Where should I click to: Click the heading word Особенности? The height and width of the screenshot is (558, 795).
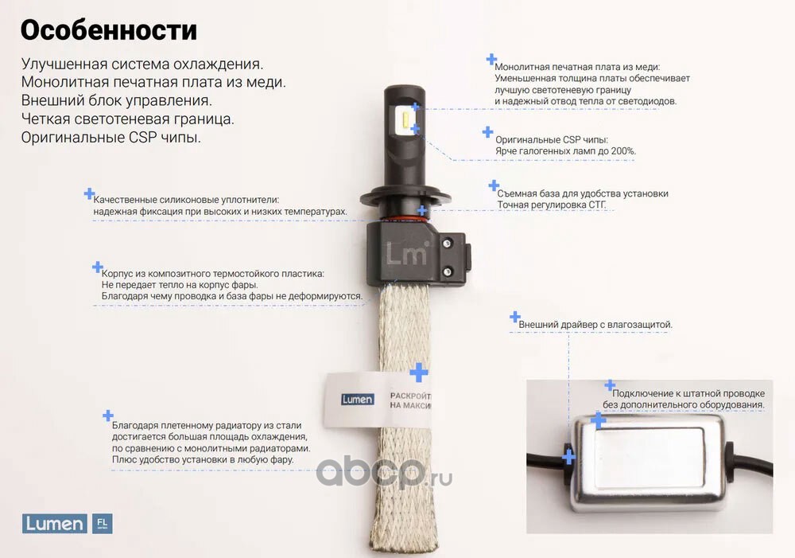point(108,30)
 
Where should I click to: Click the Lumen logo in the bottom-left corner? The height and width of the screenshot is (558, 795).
point(54,524)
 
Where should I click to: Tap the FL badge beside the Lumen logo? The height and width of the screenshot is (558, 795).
point(102,524)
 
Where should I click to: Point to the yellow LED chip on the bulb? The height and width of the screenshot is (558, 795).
point(405,120)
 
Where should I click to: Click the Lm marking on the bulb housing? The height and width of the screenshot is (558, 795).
point(407,252)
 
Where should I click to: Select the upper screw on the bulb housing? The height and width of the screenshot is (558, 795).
point(447,244)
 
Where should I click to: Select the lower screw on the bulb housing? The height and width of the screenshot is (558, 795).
point(447,272)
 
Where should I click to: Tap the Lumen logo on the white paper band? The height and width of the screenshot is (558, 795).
point(358,399)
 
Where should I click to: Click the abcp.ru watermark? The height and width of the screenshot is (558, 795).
point(384,473)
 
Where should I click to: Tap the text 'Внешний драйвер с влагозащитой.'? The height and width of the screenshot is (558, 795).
point(595,325)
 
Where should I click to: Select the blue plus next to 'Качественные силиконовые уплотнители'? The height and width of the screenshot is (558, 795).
point(89,193)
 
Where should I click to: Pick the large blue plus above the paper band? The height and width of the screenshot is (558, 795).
point(419,373)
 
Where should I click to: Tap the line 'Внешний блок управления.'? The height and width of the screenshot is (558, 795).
point(117,100)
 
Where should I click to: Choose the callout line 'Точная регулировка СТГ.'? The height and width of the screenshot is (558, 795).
point(552,205)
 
